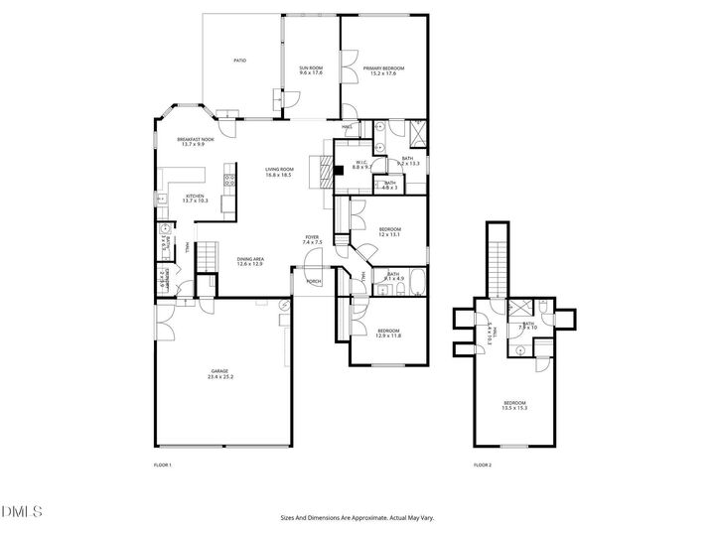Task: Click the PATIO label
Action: coord(239,61)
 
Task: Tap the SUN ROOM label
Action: coord(311,70)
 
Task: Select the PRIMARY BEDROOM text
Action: coord(383,70)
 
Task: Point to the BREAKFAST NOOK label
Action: coord(196,142)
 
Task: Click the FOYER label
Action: coord(312,239)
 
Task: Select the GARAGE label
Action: coord(220,374)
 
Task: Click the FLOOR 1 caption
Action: coord(163,466)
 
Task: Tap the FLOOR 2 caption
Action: coord(483,466)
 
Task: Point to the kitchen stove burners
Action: coord(228,181)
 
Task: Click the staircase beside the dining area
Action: coord(205,258)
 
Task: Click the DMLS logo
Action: coord(22,511)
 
